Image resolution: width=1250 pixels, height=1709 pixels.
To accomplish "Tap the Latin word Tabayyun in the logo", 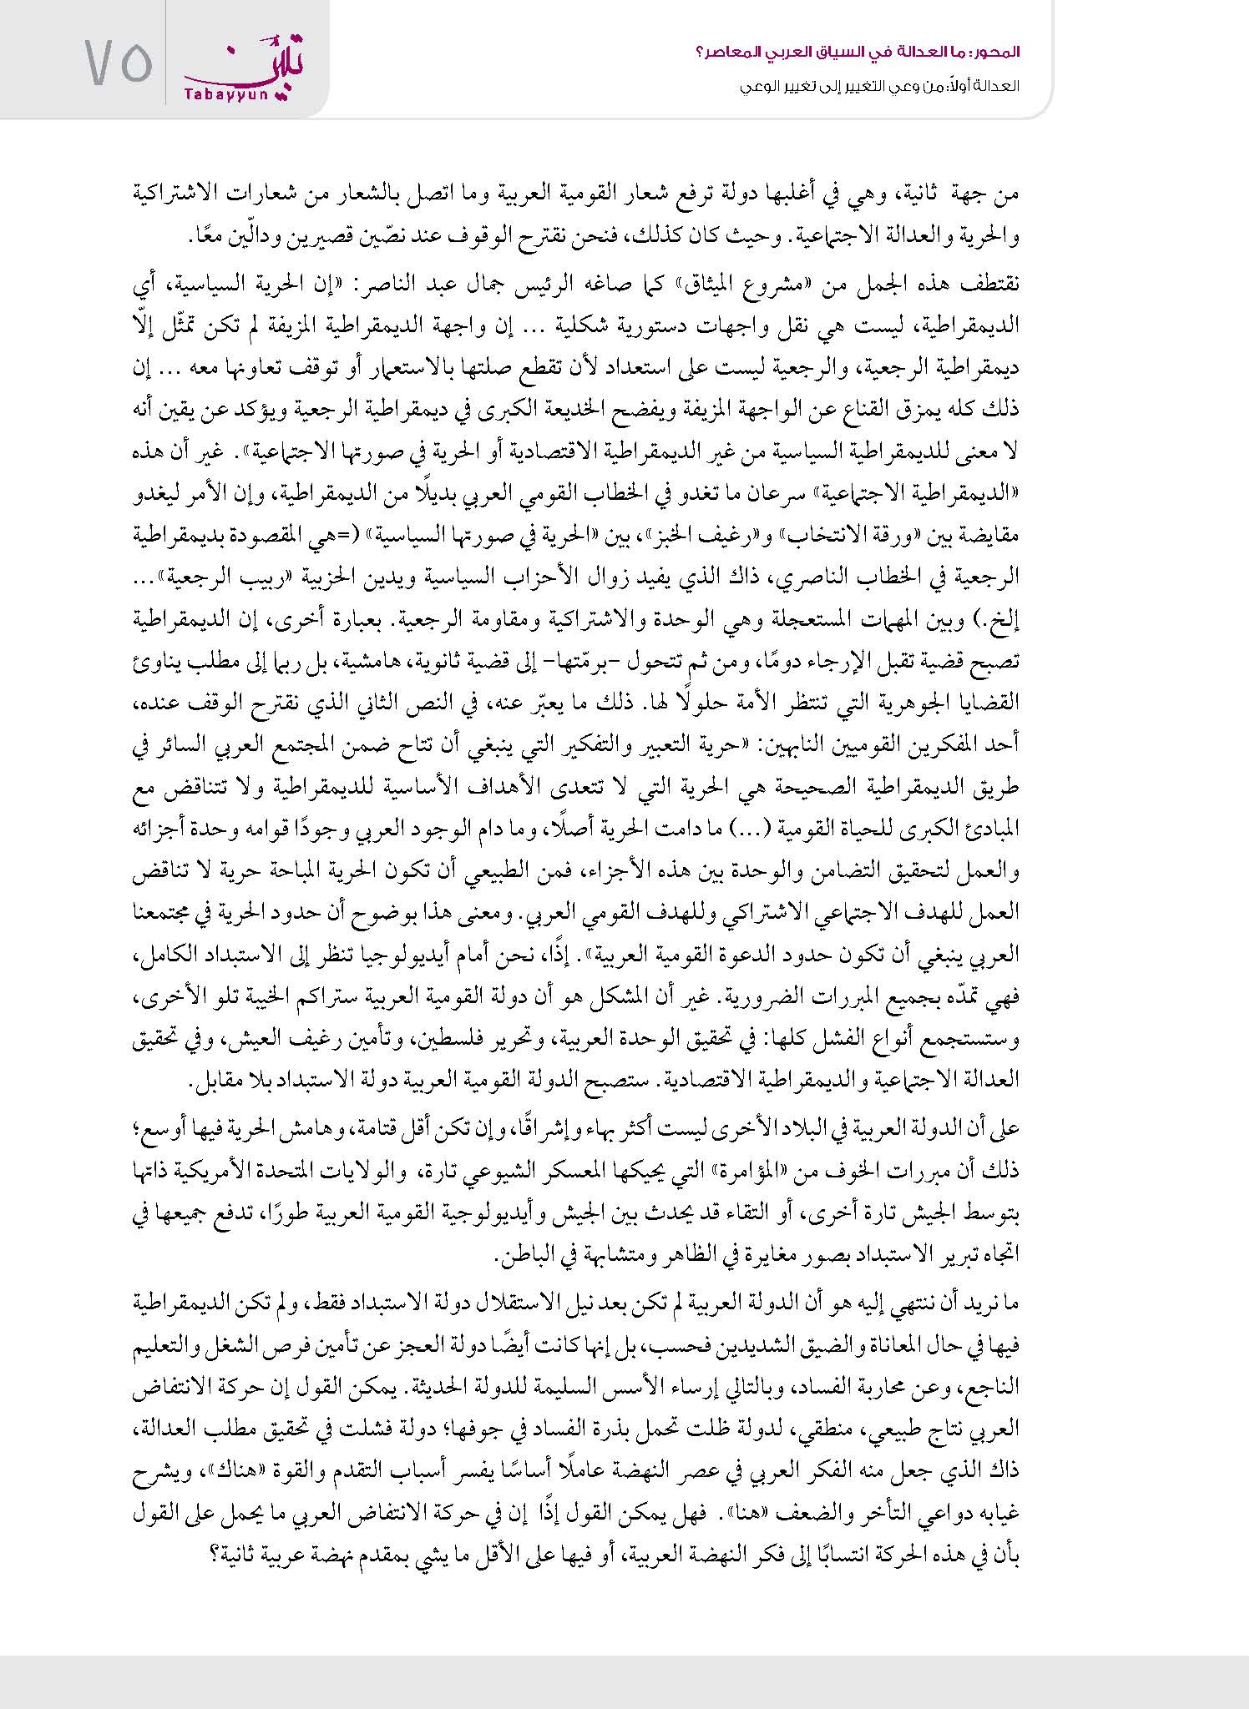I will pyautogui.click(x=212, y=96).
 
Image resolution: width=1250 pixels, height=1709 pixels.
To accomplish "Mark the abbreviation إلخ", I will pyautogui.click(x=1002, y=619).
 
